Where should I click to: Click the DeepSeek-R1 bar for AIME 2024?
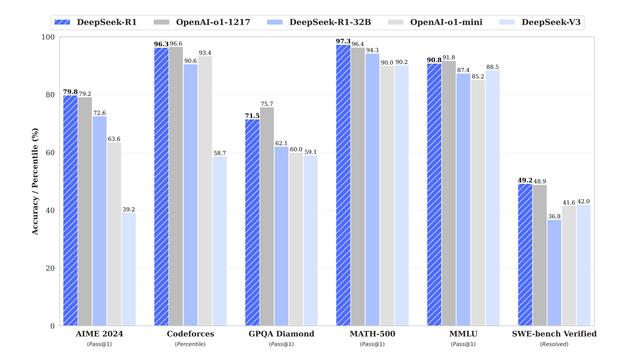coord(70,211)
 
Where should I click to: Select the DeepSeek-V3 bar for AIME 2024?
coord(130,269)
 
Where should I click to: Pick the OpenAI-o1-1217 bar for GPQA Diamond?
coord(267,216)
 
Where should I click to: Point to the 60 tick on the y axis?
coord(50,153)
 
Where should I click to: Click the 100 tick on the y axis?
coord(48,37)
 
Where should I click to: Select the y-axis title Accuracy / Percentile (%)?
coord(35,180)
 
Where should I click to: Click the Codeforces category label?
coord(191,333)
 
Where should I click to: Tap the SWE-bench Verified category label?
coord(555,333)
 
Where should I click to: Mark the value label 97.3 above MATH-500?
coord(343,41)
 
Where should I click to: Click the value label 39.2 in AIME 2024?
coord(130,209)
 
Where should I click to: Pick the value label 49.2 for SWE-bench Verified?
coord(524,180)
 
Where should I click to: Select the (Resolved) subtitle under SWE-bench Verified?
coord(555,344)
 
